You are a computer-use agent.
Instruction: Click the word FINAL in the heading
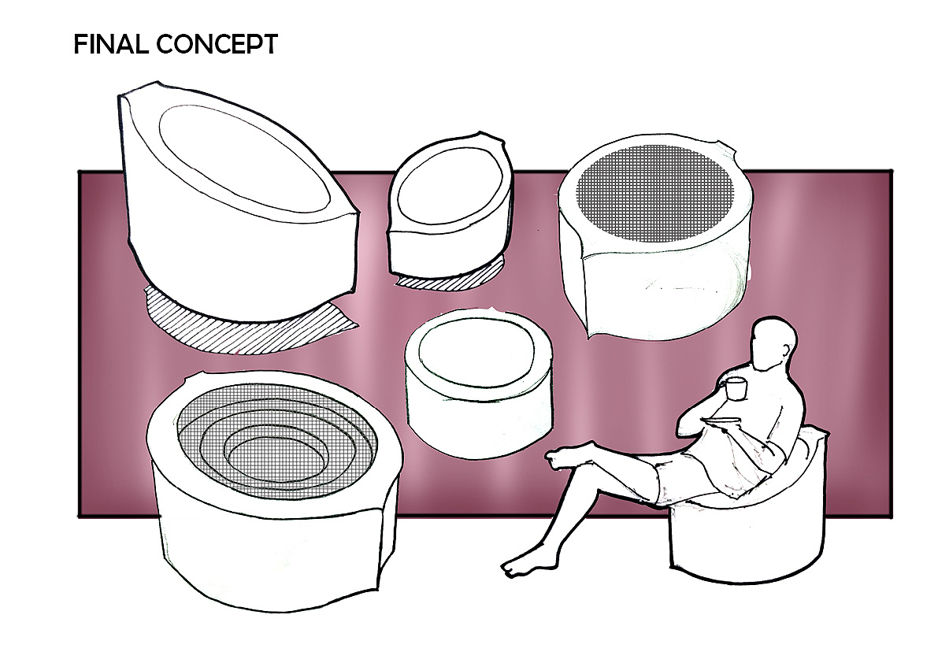click(111, 45)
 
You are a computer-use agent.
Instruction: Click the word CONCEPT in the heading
click(217, 45)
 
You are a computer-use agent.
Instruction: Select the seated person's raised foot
click(562, 456)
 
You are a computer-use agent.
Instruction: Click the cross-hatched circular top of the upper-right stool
click(654, 194)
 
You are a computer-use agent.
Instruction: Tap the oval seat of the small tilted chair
click(449, 190)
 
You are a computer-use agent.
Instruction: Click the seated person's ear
click(785, 350)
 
